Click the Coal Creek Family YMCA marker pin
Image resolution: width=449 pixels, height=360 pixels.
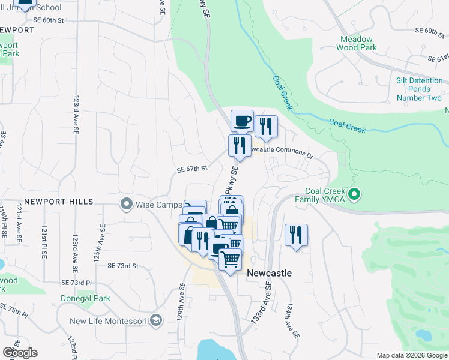tap(354, 194)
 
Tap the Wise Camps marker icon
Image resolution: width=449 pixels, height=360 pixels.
tap(126, 205)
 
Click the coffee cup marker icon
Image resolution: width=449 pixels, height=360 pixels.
tap(242, 121)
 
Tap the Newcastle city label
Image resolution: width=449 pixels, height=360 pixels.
tap(270, 273)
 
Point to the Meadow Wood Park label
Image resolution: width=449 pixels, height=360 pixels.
tap(358, 43)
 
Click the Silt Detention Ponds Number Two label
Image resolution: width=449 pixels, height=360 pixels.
tap(419, 89)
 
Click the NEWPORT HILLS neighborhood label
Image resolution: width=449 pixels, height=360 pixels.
tap(59, 202)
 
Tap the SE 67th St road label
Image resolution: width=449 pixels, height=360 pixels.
tap(192, 170)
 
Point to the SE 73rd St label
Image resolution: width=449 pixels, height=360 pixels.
tap(123, 265)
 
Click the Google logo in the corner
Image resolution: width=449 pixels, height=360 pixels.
tap(20, 353)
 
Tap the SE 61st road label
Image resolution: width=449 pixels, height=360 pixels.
tap(438, 58)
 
